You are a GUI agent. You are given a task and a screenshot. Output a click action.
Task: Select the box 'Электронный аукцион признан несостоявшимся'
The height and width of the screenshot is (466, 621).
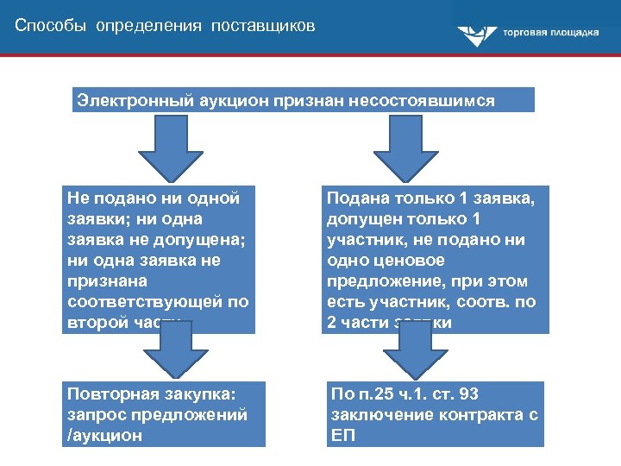click(303, 100)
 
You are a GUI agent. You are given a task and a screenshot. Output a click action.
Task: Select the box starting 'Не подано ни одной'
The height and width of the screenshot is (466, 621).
click(161, 260)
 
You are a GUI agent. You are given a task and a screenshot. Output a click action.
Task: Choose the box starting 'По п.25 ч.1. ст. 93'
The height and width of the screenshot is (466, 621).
click(435, 414)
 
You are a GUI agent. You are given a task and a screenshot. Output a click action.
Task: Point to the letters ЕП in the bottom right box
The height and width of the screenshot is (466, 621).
click(342, 435)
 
